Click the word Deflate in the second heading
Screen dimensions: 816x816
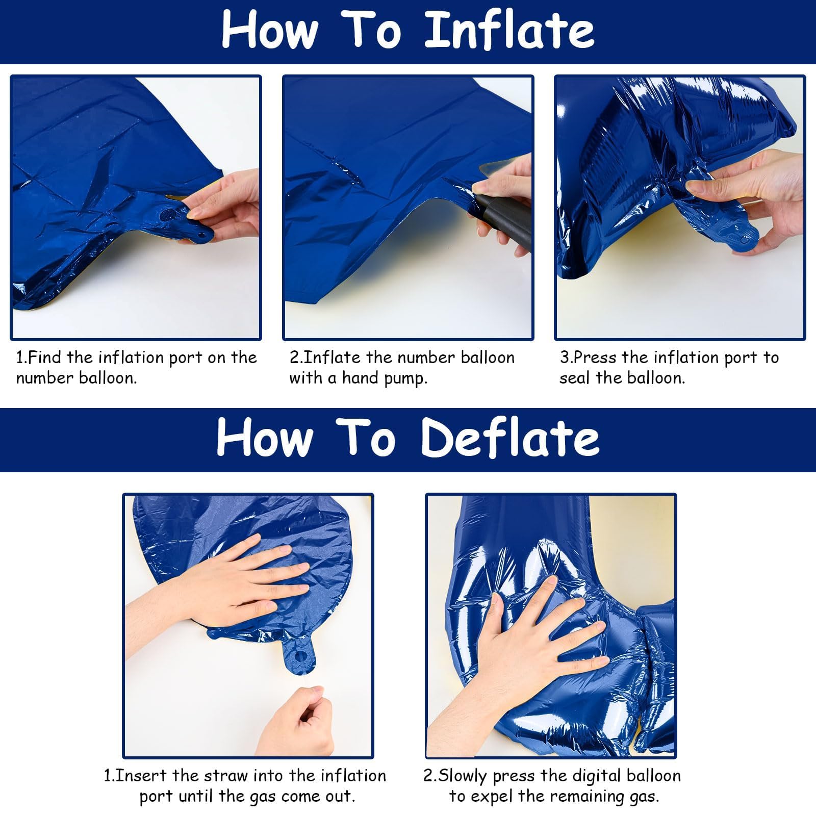tap(510, 438)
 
